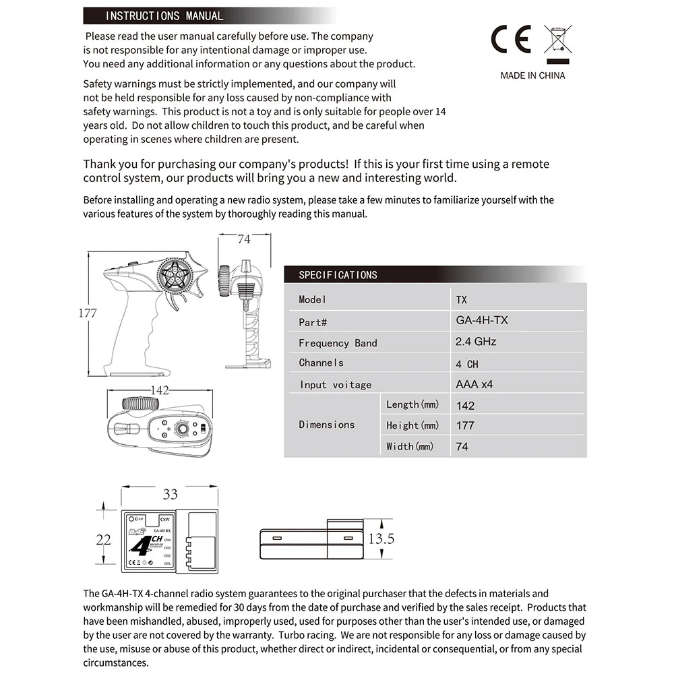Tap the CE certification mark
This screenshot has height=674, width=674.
(510, 39)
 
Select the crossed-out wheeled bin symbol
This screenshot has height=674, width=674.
(557, 40)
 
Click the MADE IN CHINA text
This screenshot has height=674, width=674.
(532, 75)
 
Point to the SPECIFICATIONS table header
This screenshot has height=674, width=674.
(338, 275)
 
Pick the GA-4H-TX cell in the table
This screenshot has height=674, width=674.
(482, 320)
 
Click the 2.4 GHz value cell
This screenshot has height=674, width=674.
(476, 342)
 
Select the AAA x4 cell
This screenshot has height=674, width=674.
(474, 384)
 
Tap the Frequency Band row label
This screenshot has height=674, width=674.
(338, 343)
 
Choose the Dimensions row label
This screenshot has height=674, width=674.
(327, 425)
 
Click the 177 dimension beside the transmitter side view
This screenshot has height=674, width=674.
(88, 313)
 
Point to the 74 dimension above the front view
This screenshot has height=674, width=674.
(244, 239)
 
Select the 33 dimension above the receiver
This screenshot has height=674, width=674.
(171, 495)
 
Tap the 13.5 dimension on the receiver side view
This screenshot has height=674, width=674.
(381, 539)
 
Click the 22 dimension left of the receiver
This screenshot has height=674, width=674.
(103, 539)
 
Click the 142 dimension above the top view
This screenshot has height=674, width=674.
(160, 391)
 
